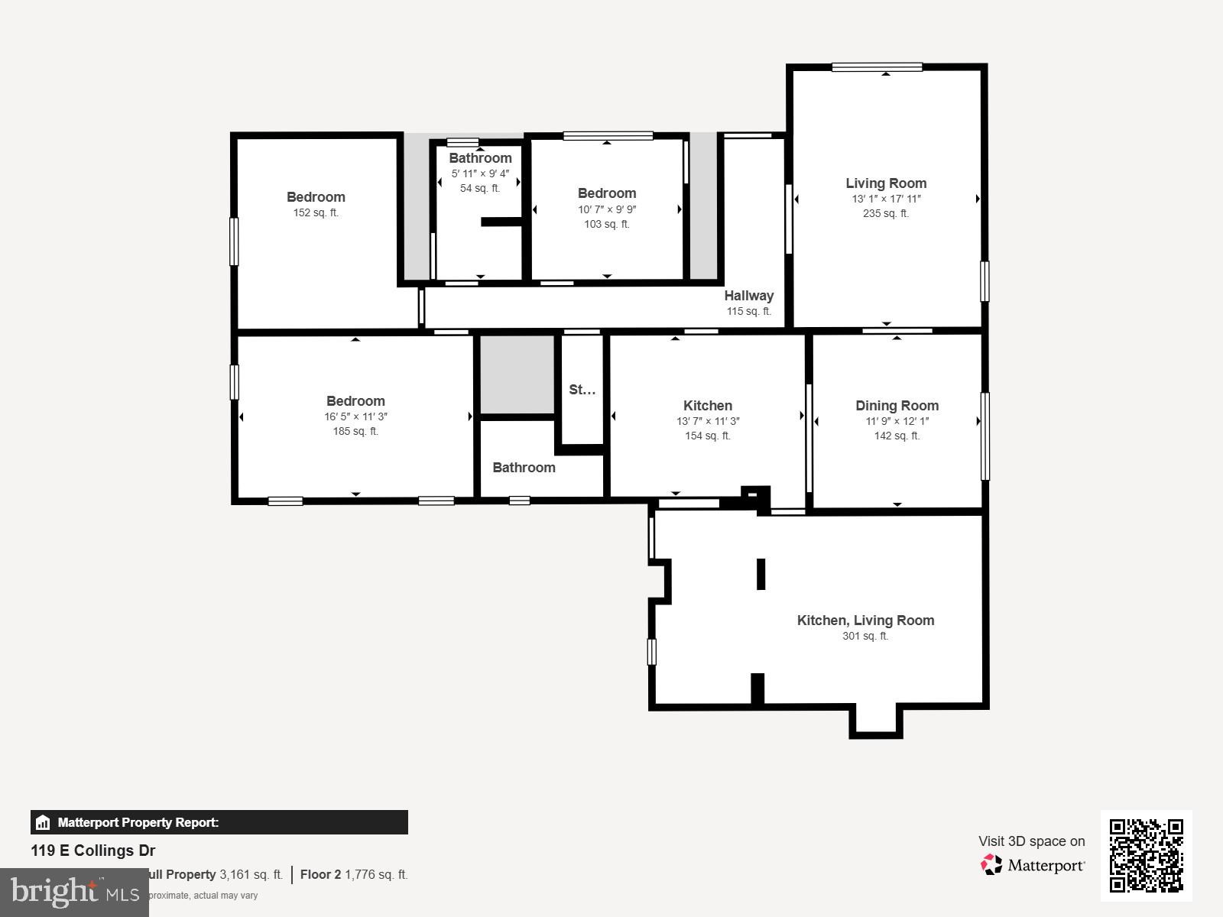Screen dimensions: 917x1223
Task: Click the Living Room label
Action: pyautogui.click(x=886, y=183)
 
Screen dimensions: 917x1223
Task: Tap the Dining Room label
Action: pyautogui.click(x=897, y=406)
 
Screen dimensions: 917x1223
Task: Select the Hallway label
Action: pyautogui.click(x=749, y=296)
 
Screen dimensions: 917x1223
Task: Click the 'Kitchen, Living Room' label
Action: pyautogui.click(x=865, y=621)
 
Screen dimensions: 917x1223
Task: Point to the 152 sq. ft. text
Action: pyautogui.click(x=316, y=213)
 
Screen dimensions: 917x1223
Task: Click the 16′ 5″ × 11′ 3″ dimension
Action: pyautogui.click(x=355, y=417)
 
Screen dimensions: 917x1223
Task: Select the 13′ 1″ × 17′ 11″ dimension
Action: pyautogui.click(x=886, y=199)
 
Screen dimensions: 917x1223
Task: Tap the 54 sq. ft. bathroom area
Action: pyautogui.click(x=480, y=189)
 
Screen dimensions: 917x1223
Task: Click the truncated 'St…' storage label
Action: pyautogui.click(x=582, y=390)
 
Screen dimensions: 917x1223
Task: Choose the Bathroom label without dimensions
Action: pyautogui.click(x=524, y=468)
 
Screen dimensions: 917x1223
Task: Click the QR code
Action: pyautogui.click(x=1146, y=855)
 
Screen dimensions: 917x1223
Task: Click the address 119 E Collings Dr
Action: pyautogui.click(x=93, y=851)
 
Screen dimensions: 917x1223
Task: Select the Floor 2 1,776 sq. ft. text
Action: pyautogui.click(x=354, y=874)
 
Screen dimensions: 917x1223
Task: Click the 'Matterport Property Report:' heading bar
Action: pyautogui.click(x=219, y=822)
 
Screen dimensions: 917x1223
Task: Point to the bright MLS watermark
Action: pyautogui.click(x=74, y=892)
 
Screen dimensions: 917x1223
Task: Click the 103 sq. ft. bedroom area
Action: pyautogui.click(x=606, y=225)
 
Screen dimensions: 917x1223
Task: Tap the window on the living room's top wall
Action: pyautogui.click(x=877, y=67)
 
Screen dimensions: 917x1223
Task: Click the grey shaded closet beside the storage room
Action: pyautogui.click(x=517, y=374)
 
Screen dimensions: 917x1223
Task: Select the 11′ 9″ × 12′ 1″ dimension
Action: pyautogui.click(x=897, y=422)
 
